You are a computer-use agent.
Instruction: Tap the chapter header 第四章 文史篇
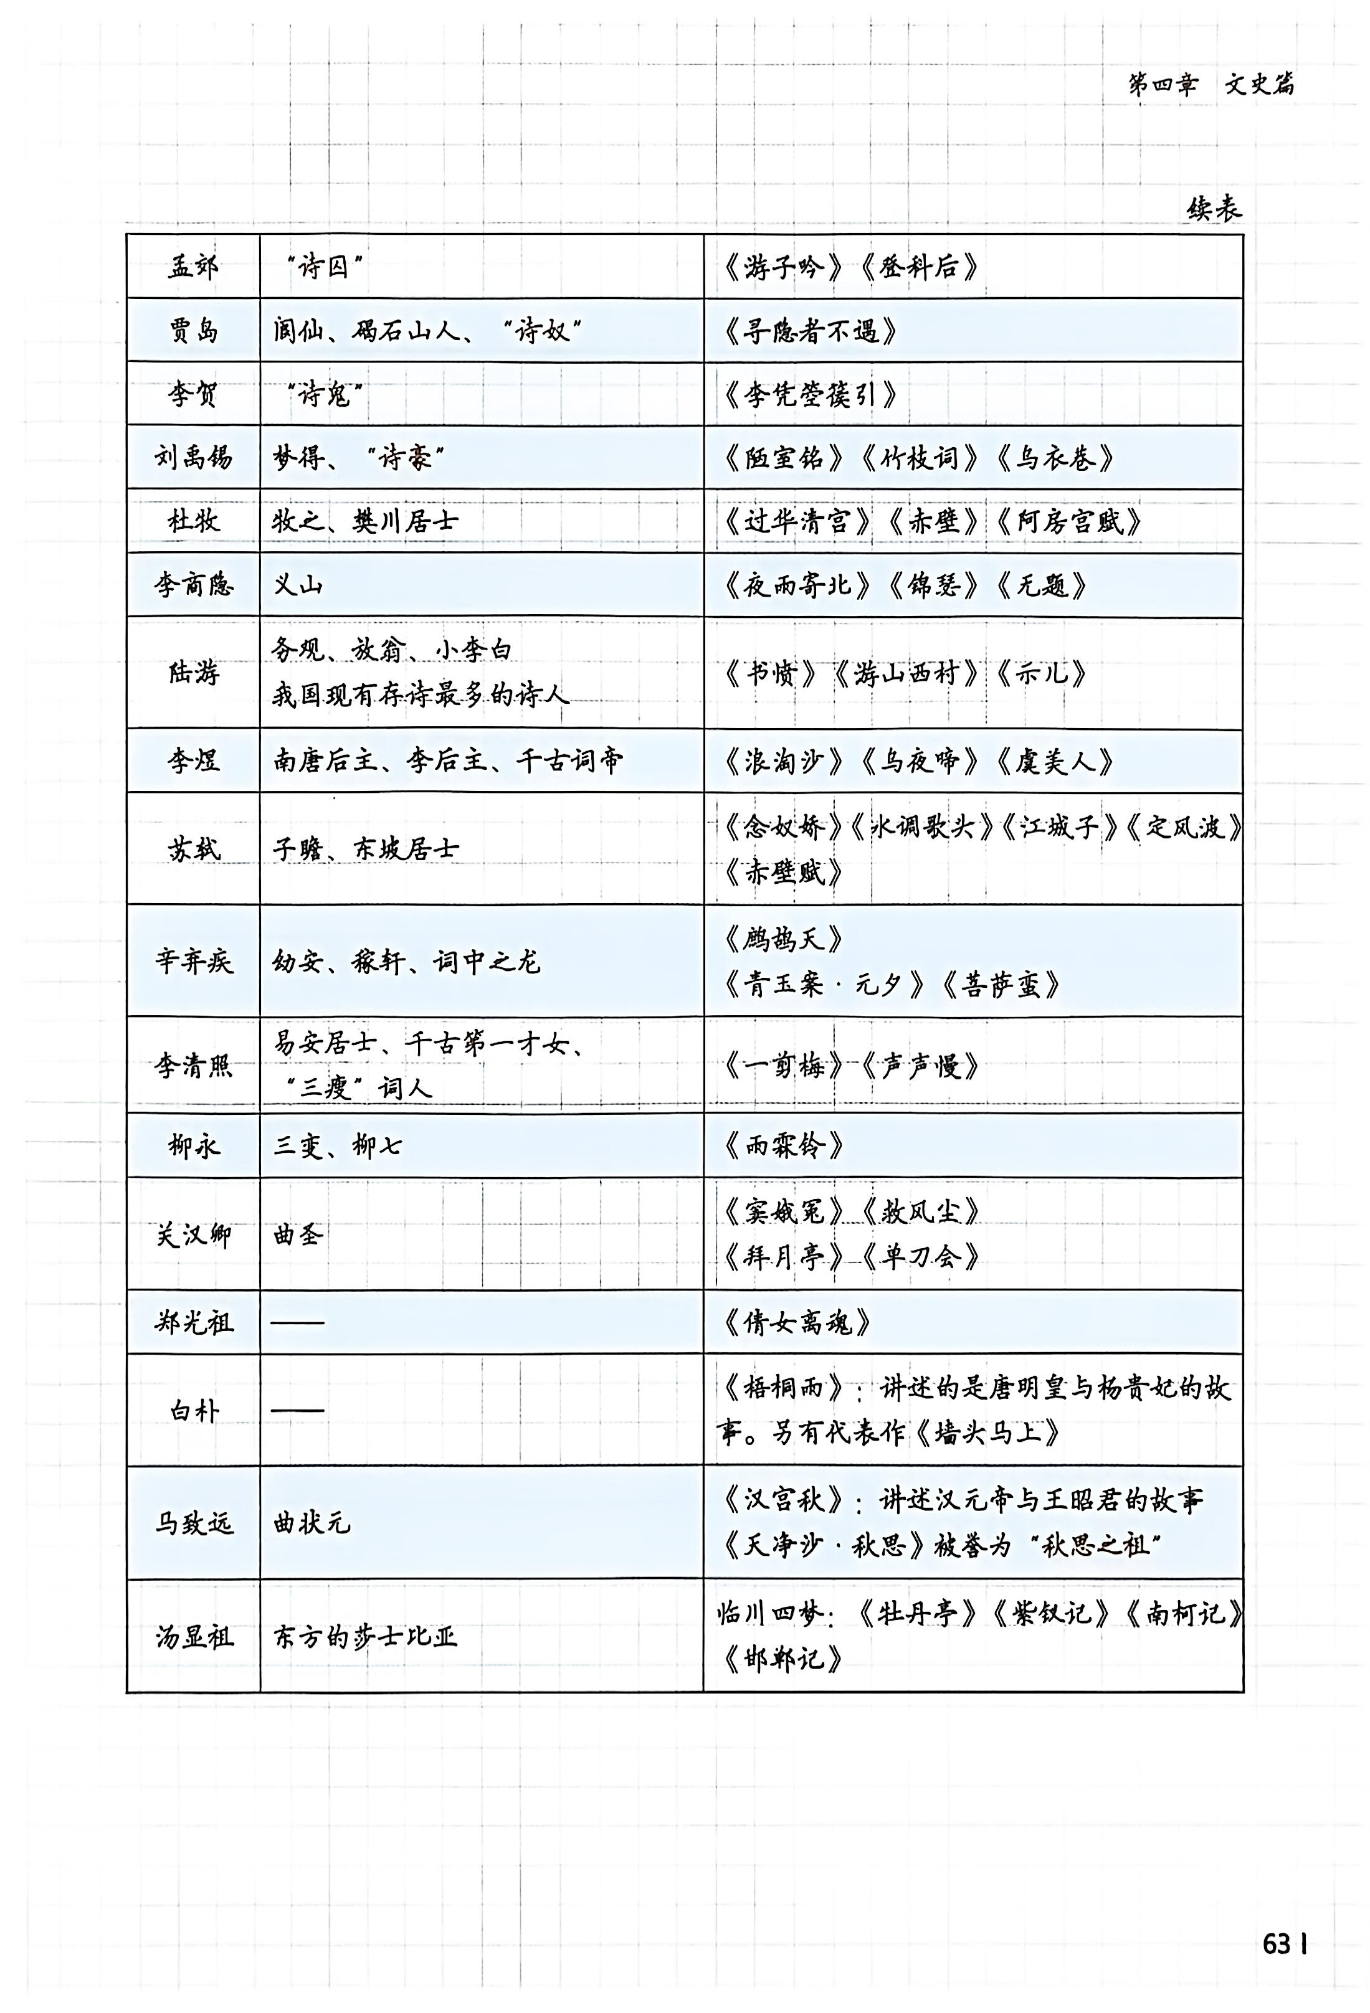tap(1211, 84)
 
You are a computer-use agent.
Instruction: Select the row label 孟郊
tap(193, 266)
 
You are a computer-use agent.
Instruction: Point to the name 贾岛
tap(193, 330)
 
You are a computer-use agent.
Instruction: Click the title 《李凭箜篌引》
tap(810, 395)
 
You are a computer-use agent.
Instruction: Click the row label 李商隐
tap(193, 585)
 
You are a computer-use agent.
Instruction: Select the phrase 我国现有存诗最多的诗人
tap(421, 694)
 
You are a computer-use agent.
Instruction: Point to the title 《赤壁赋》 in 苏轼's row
tap(783, 872)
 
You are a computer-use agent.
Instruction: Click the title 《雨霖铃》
tap(783, 1146)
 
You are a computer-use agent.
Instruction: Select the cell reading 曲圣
tap(298, 1234)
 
